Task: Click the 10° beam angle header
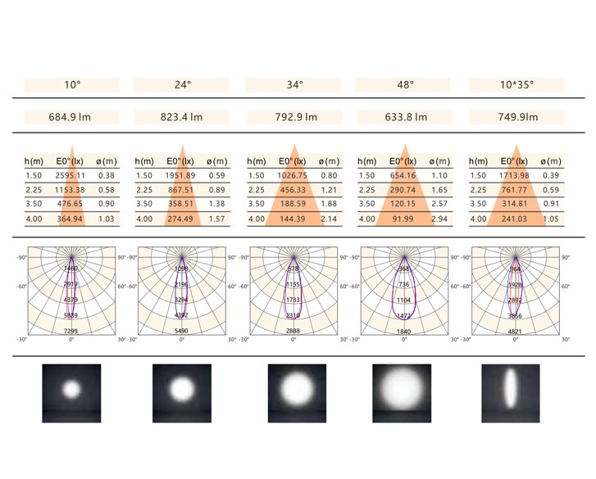tap(72, 84)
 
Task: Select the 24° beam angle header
tap(183, 84)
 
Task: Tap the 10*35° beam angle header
tap(516, 84)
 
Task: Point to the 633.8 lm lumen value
tap(406, 117)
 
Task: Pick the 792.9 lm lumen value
tap(295, 117)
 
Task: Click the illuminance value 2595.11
tap(71, 175)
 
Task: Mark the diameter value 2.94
tap(440, 219)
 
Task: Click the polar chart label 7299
tap(71, 330)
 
